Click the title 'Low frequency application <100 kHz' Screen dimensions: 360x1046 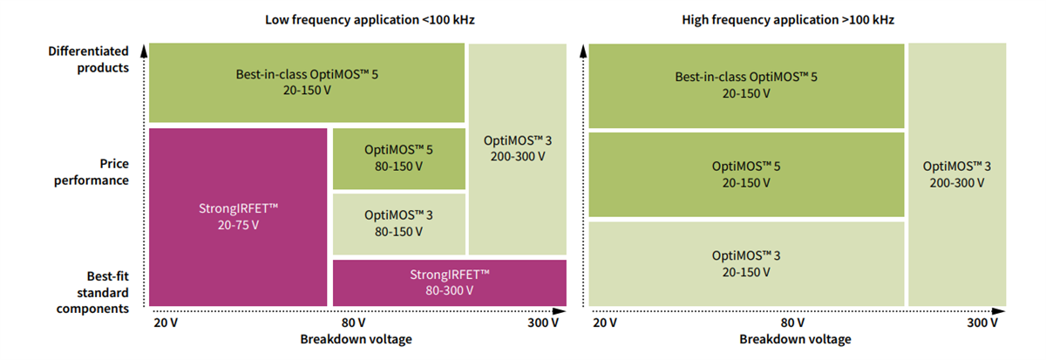point(357,18)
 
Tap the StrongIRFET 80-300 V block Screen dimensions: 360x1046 point(449,282)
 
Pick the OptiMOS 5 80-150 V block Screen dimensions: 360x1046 point(398,158)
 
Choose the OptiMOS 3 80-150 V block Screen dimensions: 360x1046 point(398,224)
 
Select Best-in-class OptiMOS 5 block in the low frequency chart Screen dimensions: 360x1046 point(307,83)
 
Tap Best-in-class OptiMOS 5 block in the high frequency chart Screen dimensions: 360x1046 point(746,85)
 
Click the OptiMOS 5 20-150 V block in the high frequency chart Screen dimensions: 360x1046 point(746,173)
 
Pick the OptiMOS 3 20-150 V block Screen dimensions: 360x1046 point(746,263)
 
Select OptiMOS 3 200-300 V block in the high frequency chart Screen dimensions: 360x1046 point(957,174)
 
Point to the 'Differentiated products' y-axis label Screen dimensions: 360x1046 point(88,59)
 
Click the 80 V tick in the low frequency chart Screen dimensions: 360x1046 point(353,323)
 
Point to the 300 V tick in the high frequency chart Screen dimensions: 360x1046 point(981,323)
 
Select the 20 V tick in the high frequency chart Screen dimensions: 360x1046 point(605,323)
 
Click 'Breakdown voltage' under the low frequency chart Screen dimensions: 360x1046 point(356,339)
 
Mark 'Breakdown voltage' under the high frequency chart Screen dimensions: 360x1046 point(795,339)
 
